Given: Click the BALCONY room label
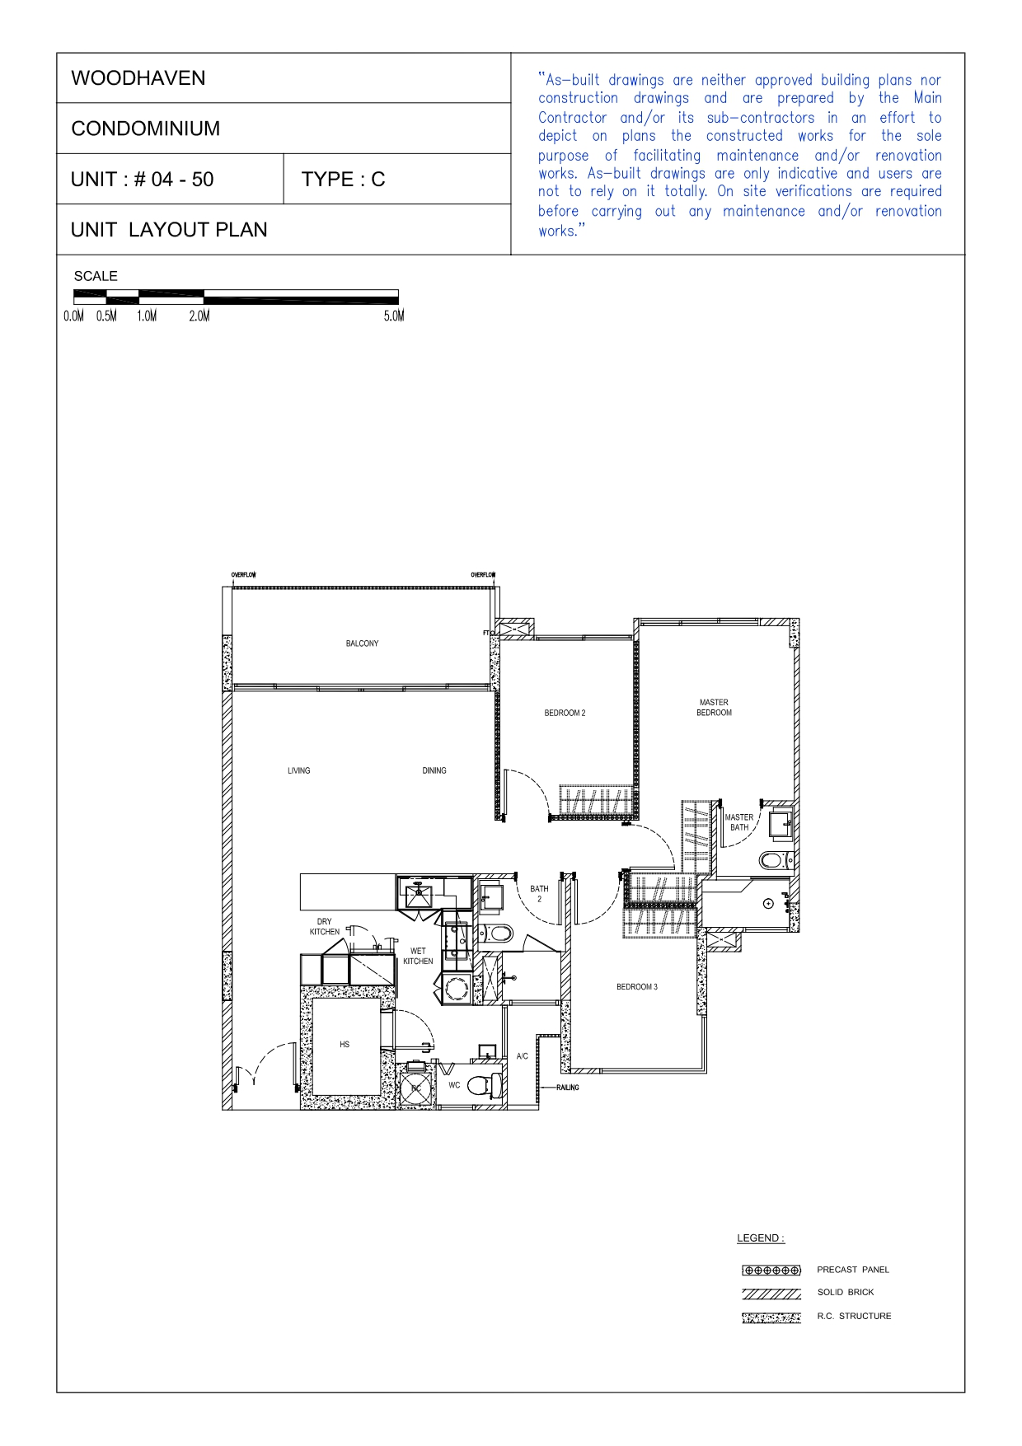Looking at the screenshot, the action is click(x=362, y=643).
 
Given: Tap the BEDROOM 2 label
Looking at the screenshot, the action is click(x=565, y=713).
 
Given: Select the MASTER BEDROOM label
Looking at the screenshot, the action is click(x=714, y=708).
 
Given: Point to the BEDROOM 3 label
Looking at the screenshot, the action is click(x=637, y=986).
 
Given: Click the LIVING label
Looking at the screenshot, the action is click(x=299, y=770).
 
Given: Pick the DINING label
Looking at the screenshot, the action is click(x=434, y=770).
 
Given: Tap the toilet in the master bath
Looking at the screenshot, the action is click(x=774, y=860).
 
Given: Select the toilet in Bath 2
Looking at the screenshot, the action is click(x=498, y=934).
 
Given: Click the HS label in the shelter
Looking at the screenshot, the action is click(x=345, y=1044).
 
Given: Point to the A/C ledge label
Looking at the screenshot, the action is click(x=522, y=1055).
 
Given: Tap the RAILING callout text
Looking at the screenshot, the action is click(x=567, y=1088).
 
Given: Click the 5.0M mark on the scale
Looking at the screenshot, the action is click(x=394, y=316).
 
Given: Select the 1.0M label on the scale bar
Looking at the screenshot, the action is click(x=147, y=316).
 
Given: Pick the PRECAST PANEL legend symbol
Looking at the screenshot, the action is click(x=771, y=1270).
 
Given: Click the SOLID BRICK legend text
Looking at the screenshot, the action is click(x=846, y=1292).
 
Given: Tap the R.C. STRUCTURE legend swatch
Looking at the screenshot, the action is click(x=771, y=1317).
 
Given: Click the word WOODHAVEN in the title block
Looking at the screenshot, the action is click(x=138, y=78).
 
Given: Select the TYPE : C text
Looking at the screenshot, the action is click(x=343, y=180).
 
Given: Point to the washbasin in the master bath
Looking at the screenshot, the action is click(x=780, y=824).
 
